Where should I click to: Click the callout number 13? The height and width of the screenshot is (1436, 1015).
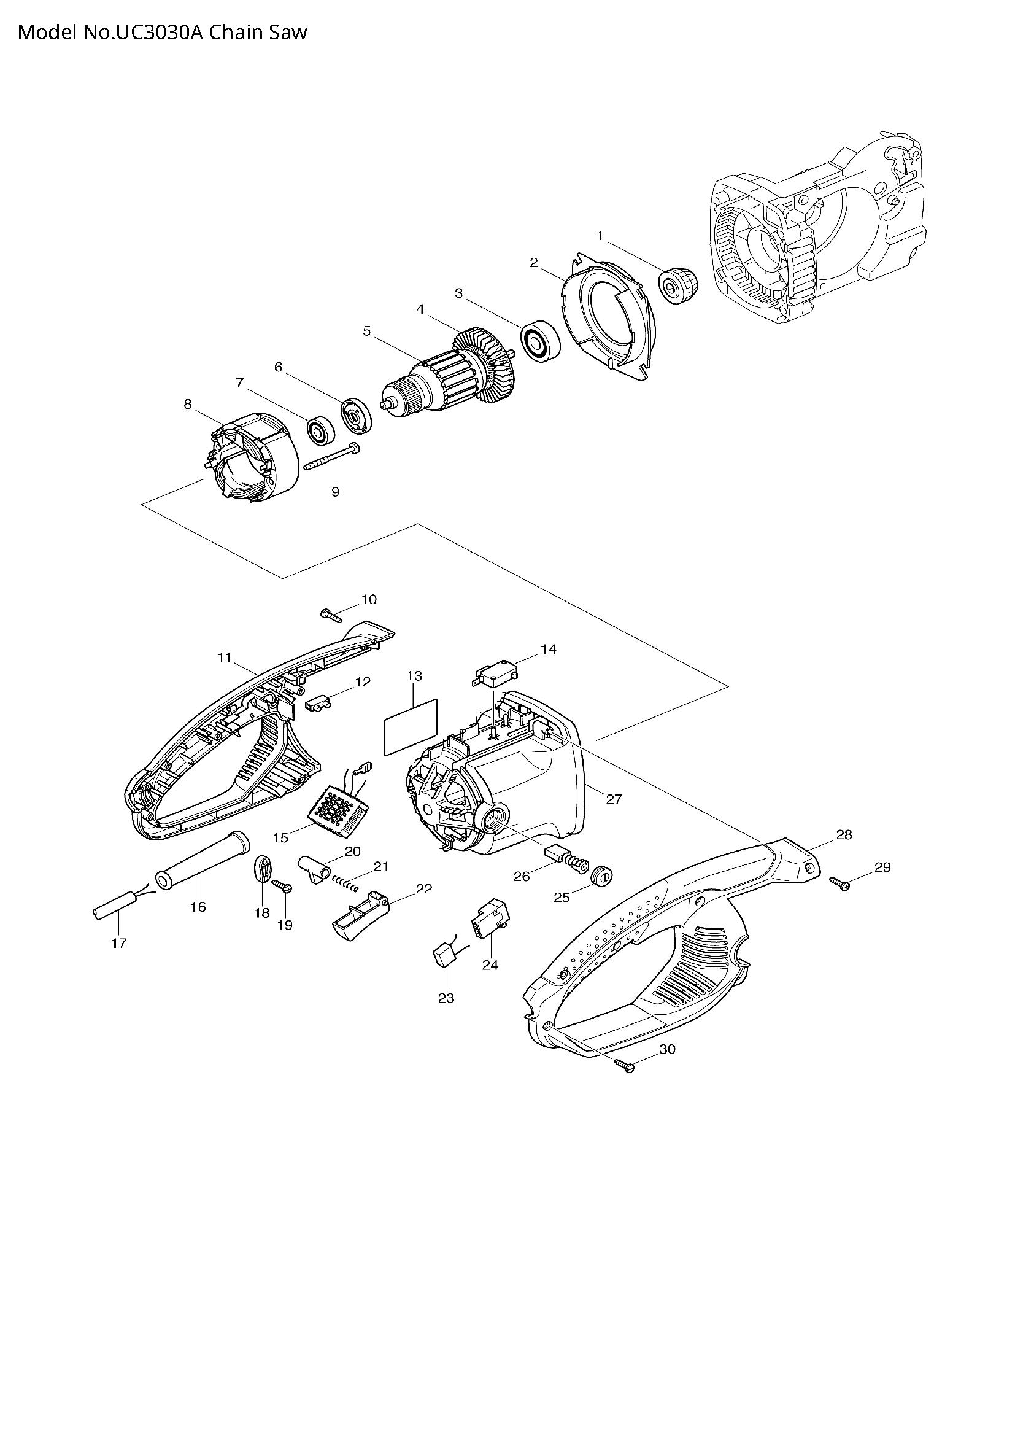tap(414, 676)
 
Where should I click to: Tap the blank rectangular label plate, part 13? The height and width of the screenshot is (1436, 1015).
tap(411, 728)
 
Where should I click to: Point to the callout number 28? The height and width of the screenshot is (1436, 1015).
tap(844, 835)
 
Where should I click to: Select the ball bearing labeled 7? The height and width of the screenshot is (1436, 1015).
tap(320, 430)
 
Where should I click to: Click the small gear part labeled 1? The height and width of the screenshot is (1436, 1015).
tap(678, 285)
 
